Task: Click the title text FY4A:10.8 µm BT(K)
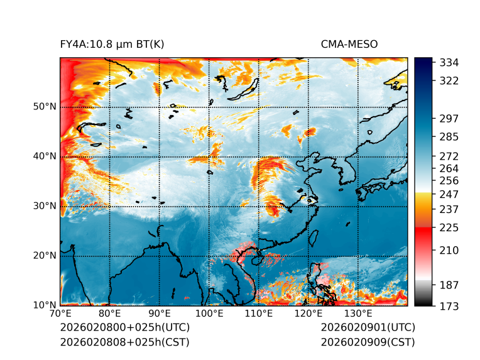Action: tap(112, 44)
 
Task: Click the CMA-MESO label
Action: tap(349, 44)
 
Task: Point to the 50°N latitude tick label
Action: tap(45, 107)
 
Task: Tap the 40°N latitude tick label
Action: tap(45, 156)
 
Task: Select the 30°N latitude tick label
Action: tap(45, 206)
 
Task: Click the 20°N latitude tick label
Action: tap(45, 256)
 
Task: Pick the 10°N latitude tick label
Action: tap(45, 305)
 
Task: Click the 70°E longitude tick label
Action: tap(60, 314)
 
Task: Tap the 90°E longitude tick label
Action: tap(160, 314)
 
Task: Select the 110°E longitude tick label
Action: tap(259, 314)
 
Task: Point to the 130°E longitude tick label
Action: tap(358, 314)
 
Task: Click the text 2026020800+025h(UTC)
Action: tap(124, 328)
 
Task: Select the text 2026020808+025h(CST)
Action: tap(124, 342)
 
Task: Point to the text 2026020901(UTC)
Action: tap(368, 328)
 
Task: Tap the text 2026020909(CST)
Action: tap(368, 342)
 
